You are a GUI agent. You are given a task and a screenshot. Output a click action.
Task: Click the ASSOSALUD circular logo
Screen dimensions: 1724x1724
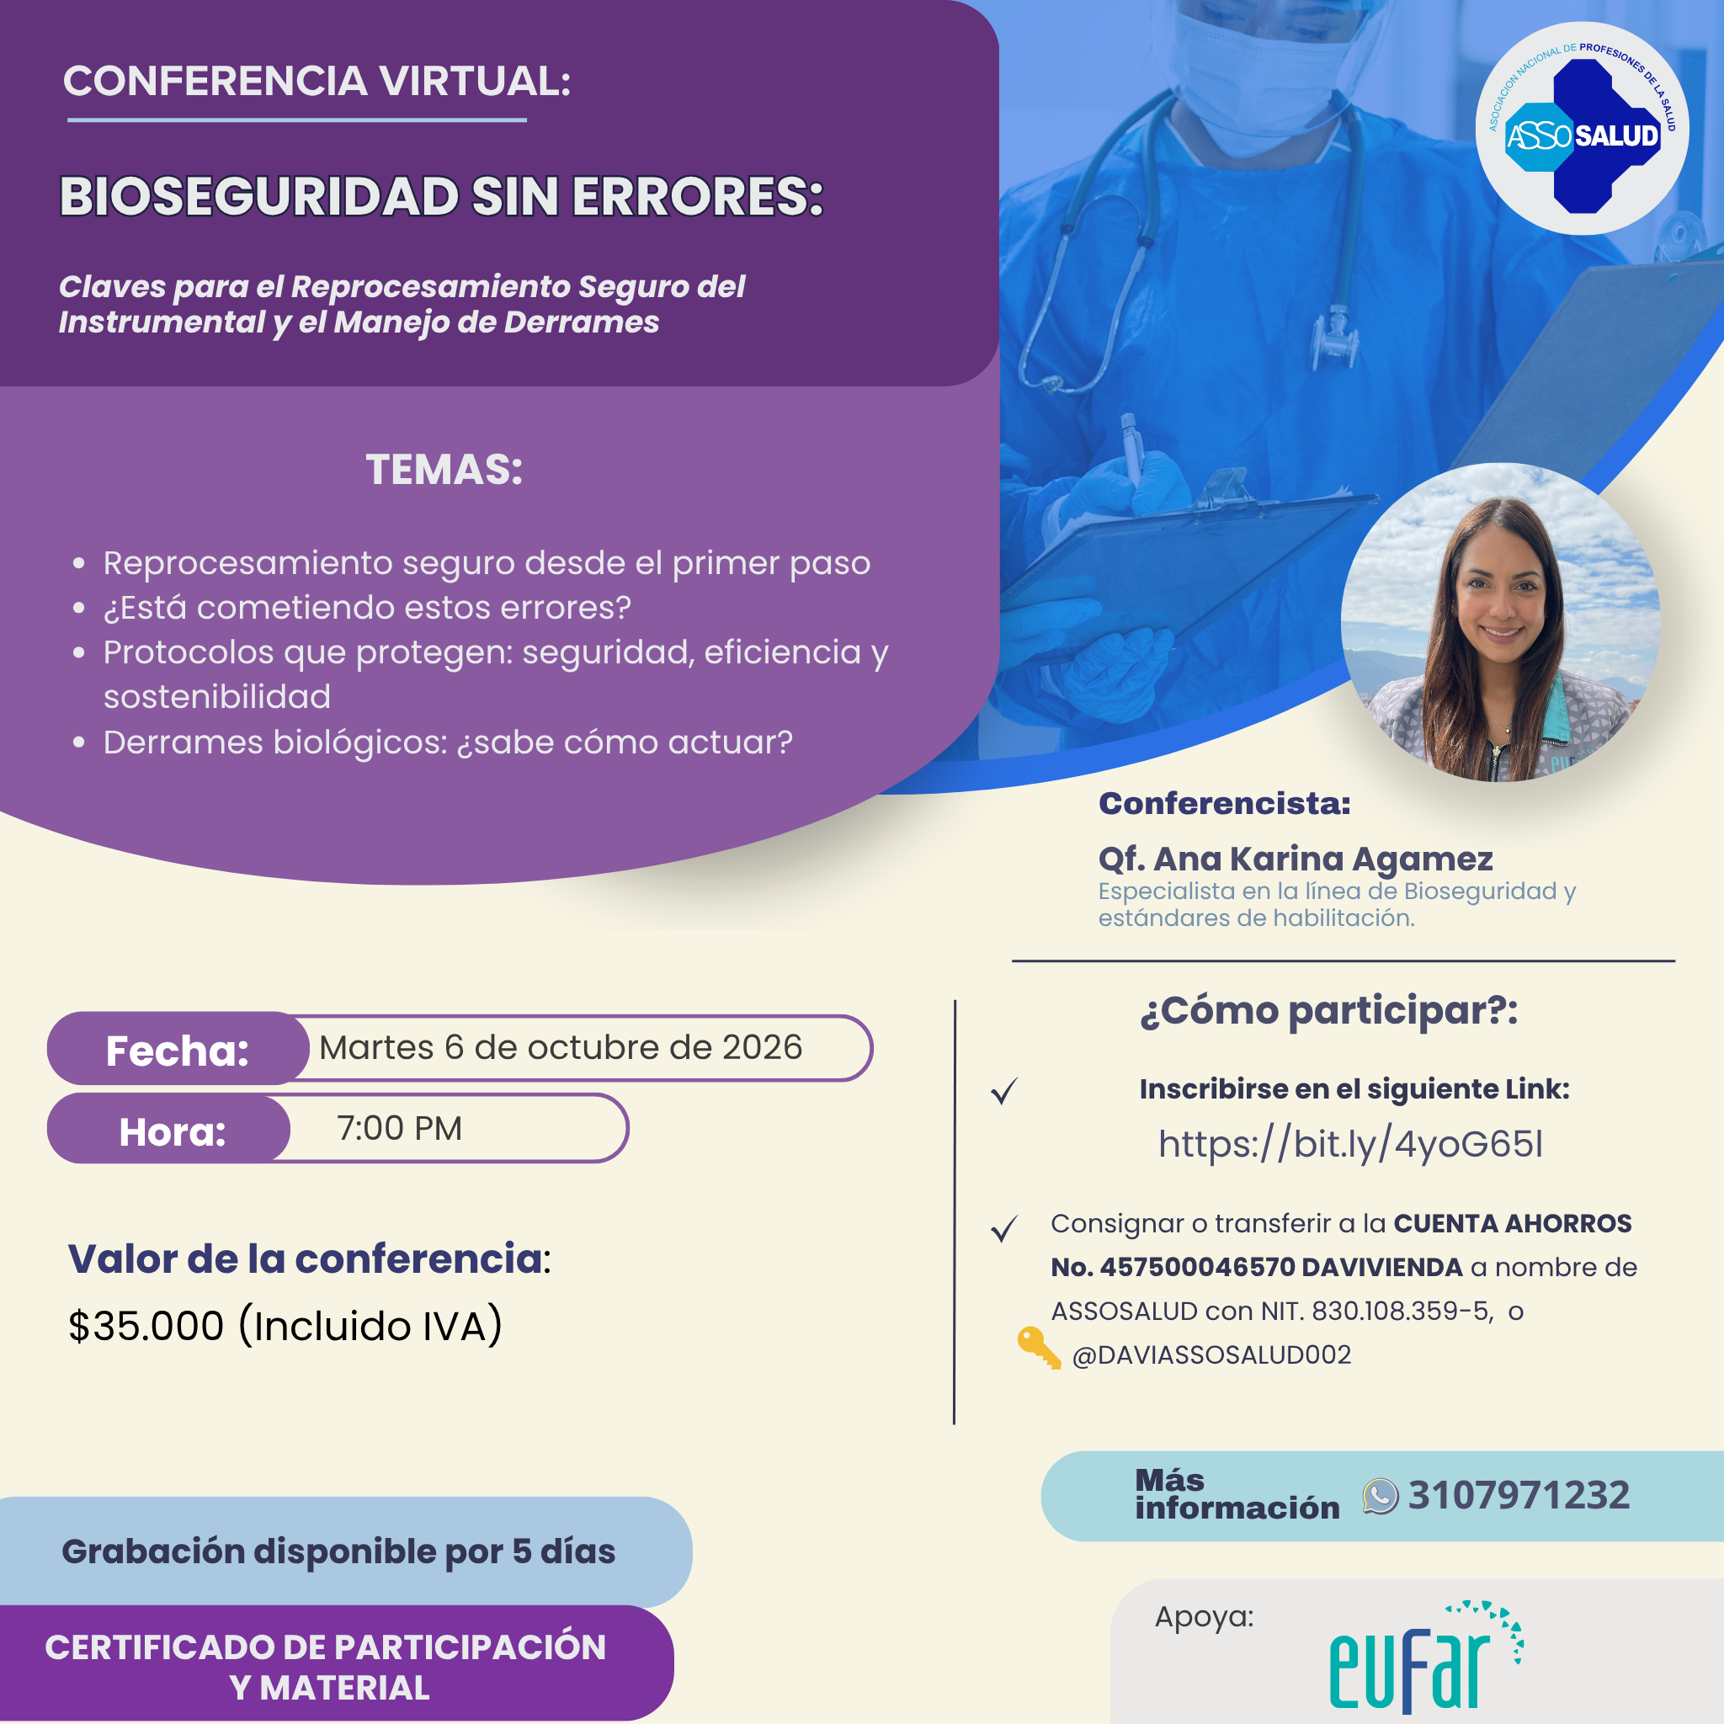(1581, 129)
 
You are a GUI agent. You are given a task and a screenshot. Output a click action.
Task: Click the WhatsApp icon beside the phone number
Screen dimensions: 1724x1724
(1380, 1497)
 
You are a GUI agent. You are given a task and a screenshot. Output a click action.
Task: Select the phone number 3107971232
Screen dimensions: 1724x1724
(1519, 1496)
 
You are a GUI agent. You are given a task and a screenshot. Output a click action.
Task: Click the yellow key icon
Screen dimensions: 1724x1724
(1039, 1348)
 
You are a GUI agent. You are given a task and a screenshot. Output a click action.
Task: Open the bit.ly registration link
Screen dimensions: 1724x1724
(1350, 1144)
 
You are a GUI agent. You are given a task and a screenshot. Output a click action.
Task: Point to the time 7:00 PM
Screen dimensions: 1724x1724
(399, 1129)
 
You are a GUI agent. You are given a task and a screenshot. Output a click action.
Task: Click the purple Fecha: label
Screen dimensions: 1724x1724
(178, 1050)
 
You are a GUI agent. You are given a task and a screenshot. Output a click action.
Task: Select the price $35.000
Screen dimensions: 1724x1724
(146, 1326)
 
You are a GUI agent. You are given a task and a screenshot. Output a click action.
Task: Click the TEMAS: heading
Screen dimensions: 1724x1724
(444, 470)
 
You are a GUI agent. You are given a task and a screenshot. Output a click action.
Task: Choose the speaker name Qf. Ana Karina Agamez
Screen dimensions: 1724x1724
(1295, 859)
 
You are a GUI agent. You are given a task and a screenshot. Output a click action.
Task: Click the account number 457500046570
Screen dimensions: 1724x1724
(1198, 1267)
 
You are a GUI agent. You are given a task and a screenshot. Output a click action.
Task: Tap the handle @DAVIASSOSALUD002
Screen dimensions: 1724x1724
(1211, 1354)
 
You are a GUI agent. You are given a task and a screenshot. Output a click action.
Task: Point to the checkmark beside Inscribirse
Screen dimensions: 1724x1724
(1005, 1090)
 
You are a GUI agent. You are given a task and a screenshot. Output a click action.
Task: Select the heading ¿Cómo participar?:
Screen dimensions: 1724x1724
(1328, 1011)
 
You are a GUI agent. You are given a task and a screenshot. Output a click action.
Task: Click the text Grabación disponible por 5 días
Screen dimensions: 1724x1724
(338, 1551)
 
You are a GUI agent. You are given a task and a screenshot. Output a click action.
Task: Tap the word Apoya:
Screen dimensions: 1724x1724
(1204, 1617)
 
